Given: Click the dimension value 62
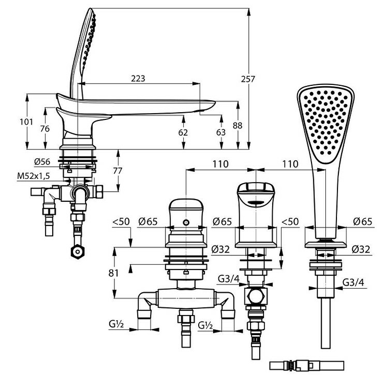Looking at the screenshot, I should click(183, 132).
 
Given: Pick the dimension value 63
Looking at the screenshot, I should click(220, 132).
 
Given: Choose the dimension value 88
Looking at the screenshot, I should click(238, 125).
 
